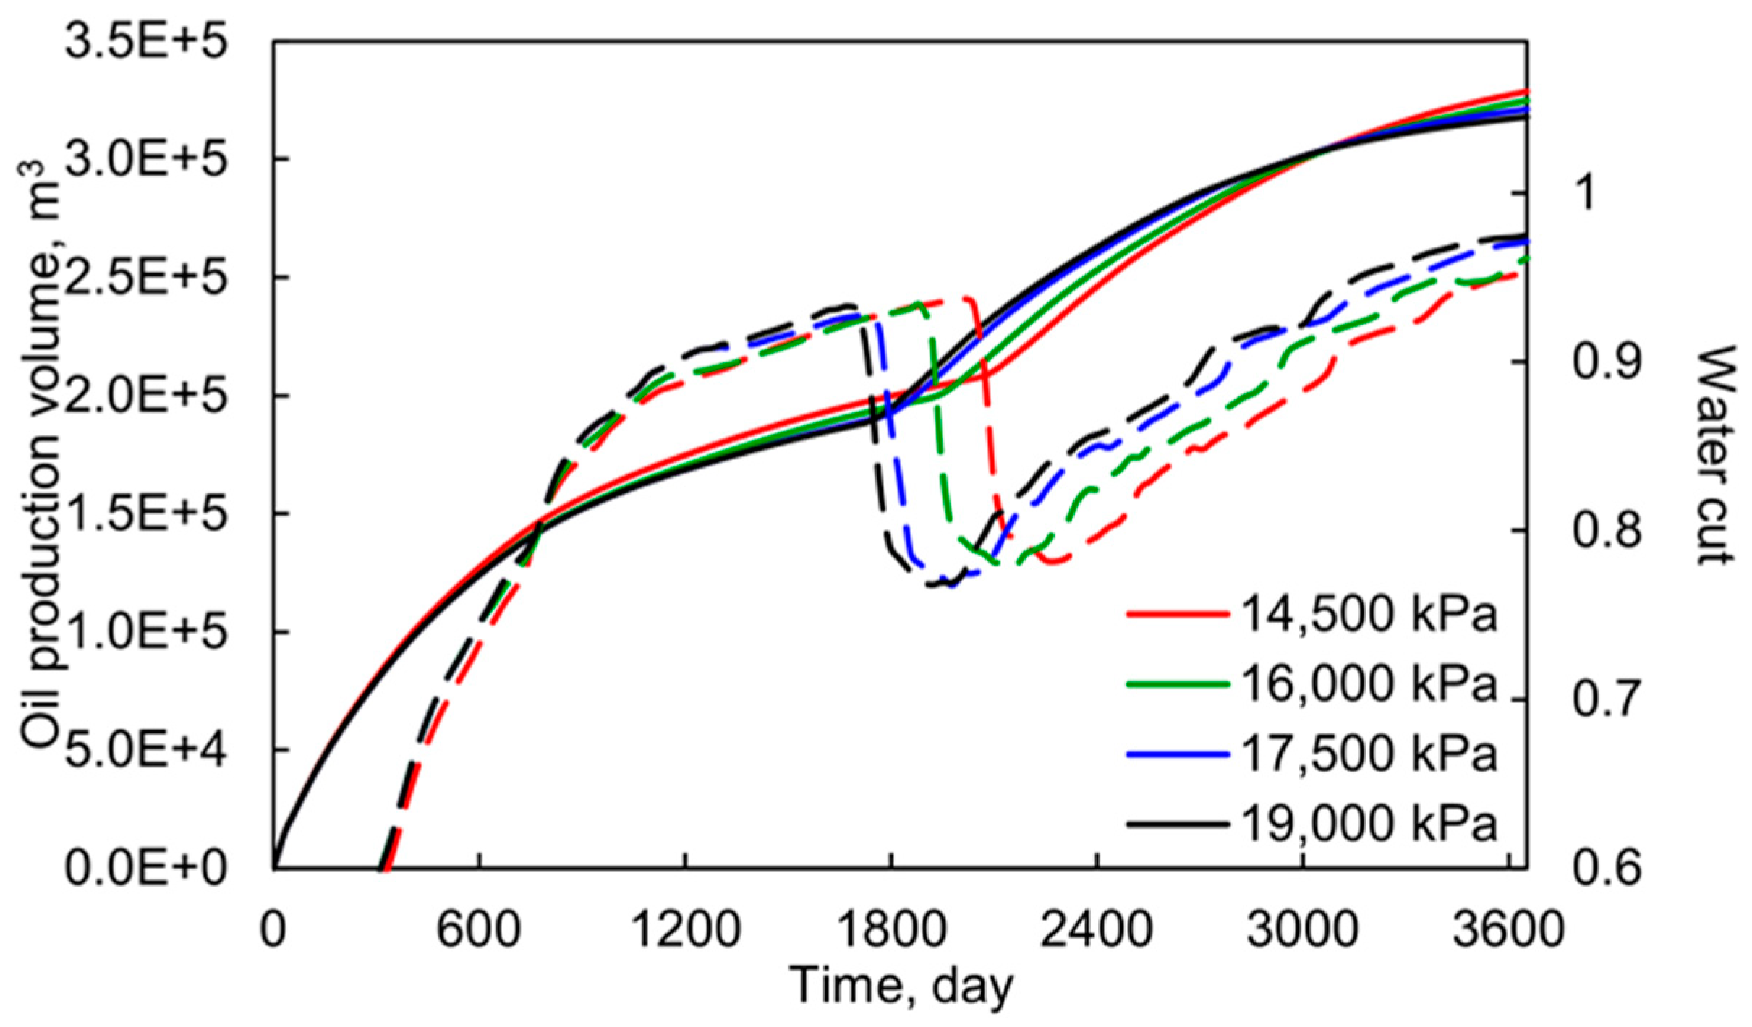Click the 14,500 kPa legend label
click(x=1368, y=615)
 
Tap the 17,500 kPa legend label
click(x=1368, y=754)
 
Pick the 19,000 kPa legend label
click(x=1368, y=824)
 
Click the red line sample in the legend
click(x=1177, y=615)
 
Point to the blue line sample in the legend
click(x=1177, y=754)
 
